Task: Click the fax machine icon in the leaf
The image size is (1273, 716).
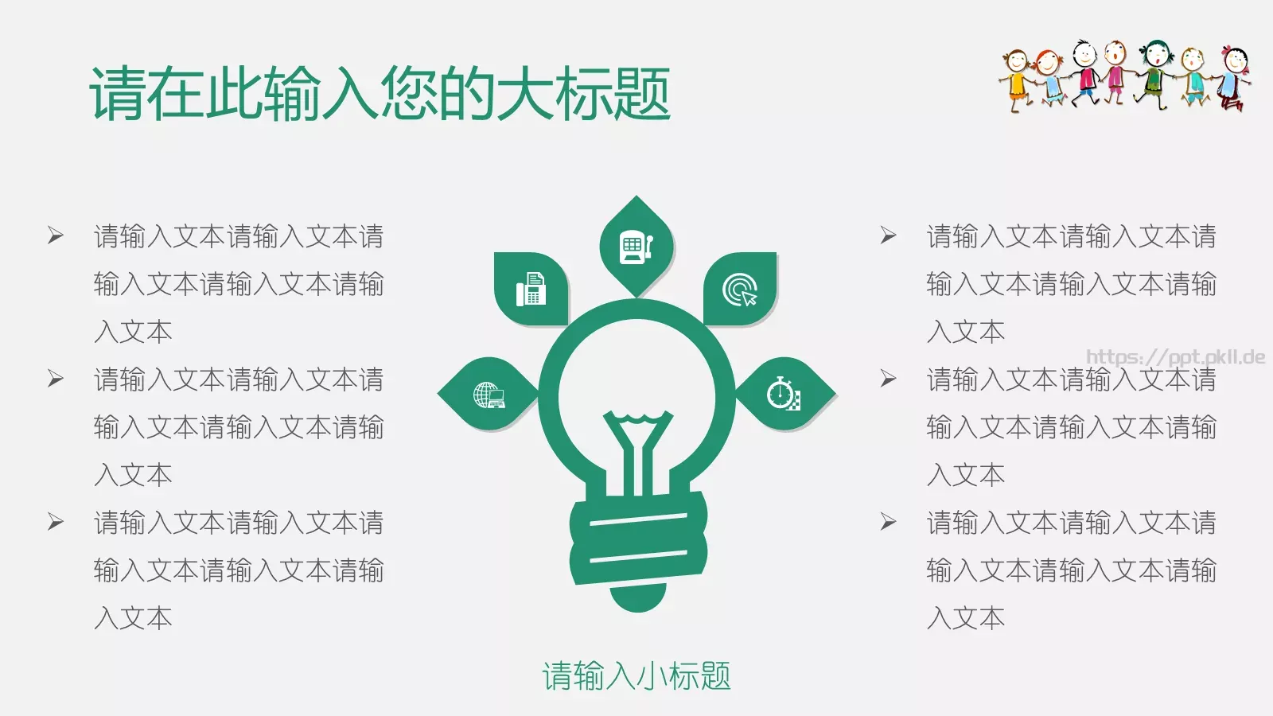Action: coord(531,290)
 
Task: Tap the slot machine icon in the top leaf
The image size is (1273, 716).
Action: coord(636,247)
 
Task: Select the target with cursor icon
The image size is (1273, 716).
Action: coord(740,290)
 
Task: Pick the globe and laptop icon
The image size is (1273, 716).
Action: coord(489,395)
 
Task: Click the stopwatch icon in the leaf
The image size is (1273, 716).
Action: coord(784,394)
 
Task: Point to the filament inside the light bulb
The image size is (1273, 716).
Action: coord(636,446)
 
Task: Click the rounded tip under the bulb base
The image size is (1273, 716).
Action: coord(638,598)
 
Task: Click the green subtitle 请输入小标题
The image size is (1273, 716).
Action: coord(636,676)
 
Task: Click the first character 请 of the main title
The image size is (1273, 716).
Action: coord(118,94)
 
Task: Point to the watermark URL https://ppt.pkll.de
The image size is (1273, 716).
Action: coord(1175,356)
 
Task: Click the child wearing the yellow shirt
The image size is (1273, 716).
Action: coord(1017,80)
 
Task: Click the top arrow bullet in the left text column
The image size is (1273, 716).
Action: coord(55,235)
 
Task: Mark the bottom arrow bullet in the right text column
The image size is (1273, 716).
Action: coord(888,522)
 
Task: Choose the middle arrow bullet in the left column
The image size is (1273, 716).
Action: coord(55,379)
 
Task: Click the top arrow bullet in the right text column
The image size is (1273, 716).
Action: coord(888,235)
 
